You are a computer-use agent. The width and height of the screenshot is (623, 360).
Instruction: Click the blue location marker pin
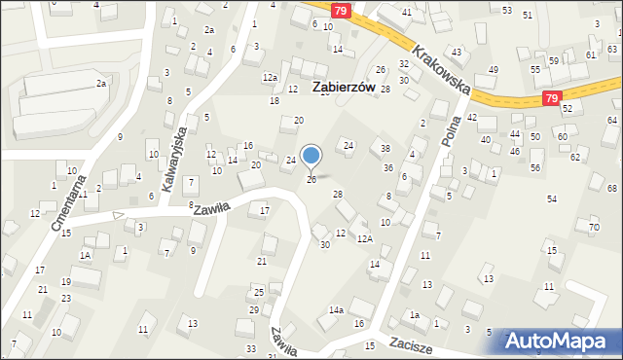[311, 156]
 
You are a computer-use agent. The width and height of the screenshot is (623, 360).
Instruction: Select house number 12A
[364, 238]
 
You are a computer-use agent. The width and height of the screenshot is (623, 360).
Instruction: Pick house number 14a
[336, 309]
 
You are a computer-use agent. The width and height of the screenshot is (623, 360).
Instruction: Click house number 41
[406, 12]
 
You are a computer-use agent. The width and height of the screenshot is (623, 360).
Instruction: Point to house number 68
[611, 188]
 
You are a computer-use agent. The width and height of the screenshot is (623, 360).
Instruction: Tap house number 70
[594, 228]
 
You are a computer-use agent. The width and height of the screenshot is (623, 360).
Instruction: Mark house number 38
[385, 149]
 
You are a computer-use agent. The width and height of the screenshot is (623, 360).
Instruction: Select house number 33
[250, 348]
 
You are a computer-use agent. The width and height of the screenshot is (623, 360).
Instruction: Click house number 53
[507, 10]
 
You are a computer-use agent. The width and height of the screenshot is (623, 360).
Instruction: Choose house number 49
[494, 69]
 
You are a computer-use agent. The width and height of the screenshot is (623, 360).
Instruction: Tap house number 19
[65, 282]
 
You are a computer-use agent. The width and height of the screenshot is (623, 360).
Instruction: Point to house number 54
[552, 198]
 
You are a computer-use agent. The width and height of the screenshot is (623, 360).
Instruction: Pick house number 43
[456, 52]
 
